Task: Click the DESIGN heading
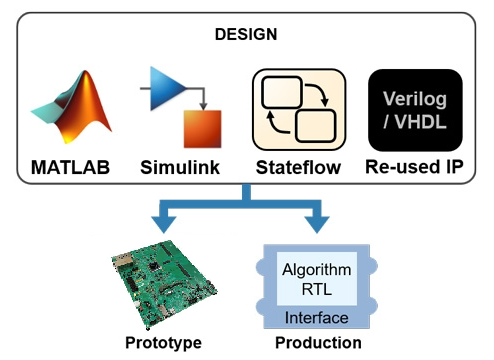click(x=246, y=34)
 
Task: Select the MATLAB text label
click(x=70, y=167)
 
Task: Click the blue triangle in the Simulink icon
click(x=168, y=88)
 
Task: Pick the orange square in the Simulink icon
click(x=203, y=129)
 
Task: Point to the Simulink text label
click(x=180, y=167)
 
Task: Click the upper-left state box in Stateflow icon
click(x=282, y=92)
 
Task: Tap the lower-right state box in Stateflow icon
click(x=316, y=126)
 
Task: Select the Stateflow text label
click(x=298, y=167)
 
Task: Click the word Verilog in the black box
click(x=415, y=99)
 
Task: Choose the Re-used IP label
click(x=414, y=167)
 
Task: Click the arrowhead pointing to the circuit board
click(x=164, y=224)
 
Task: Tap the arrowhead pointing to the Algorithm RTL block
click(x=317, y=224)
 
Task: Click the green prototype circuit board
click(x=164, y=284)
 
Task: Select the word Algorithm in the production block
click(x=317, y=270)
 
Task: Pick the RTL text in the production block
click(x=317, y=289)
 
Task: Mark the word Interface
click(x=317, y=318)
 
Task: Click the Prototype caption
click(x=163, y=343)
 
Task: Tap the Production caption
click(x=318, y=343)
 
